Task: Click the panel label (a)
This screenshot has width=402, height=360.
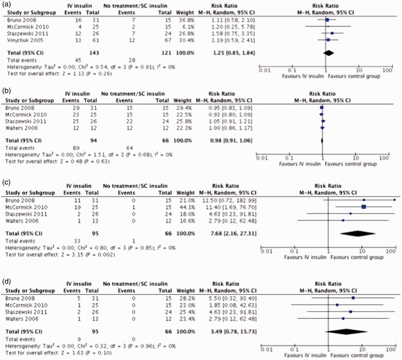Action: [x=5, y=4]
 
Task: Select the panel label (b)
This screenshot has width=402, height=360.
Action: [x=5, y=93]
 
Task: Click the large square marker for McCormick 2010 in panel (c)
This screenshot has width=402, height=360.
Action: [x=363, y=207]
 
